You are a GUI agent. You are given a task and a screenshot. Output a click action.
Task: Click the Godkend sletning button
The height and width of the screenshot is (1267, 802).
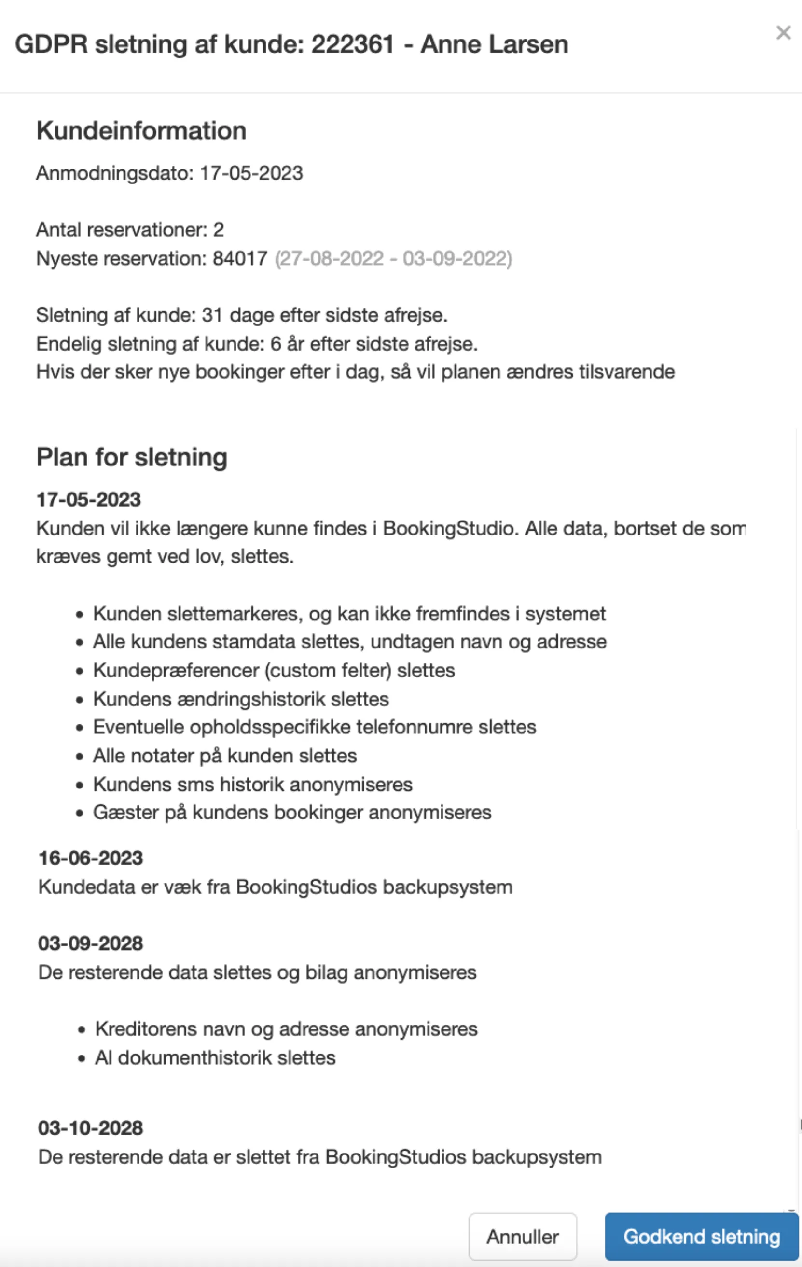tap(701, 1237)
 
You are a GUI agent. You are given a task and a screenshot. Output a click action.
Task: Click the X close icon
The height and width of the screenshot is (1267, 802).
tap(783, 33)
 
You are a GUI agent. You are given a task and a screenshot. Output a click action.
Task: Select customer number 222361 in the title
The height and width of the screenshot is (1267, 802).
tap(352, 44)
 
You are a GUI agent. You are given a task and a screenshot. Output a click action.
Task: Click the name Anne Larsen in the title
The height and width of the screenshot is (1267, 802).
tap(494, 44)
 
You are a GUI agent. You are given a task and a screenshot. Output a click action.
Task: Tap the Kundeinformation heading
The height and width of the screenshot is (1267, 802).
tap(141, 130)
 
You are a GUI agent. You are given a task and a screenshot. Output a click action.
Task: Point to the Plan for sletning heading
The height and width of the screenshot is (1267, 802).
tap(131, 457)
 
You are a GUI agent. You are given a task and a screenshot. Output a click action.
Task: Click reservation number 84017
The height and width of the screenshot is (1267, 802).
tap(240, 258)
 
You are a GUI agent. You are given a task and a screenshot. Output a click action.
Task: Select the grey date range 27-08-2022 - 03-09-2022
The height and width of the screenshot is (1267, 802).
tap(393, 258)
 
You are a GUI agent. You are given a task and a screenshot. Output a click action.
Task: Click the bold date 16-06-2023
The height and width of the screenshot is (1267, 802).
tap(90, 858)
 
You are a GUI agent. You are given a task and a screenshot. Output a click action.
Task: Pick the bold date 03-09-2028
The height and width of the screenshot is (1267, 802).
tap(90, 943)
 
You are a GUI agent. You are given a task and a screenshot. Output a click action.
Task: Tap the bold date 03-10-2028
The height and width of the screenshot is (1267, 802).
tap(90, 1128)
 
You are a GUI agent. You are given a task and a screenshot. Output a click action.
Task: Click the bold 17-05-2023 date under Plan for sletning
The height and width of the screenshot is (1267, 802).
tap(88, 499)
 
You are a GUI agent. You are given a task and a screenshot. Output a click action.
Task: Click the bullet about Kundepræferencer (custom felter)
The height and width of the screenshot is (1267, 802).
tap(274, 670)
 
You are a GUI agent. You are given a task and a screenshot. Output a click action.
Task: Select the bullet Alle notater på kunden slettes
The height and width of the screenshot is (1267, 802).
tap(224, 756)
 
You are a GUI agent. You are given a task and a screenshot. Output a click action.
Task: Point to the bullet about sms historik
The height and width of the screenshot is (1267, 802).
tap(252, 785)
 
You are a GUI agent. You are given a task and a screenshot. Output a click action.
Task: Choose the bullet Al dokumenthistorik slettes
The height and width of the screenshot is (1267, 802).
tap(215, 1057)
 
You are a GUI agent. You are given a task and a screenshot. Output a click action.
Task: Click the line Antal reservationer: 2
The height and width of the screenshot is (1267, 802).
tap(130, 229)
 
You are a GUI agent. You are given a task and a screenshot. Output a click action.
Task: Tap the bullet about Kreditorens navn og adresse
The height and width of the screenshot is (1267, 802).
tap(286, 1028)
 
